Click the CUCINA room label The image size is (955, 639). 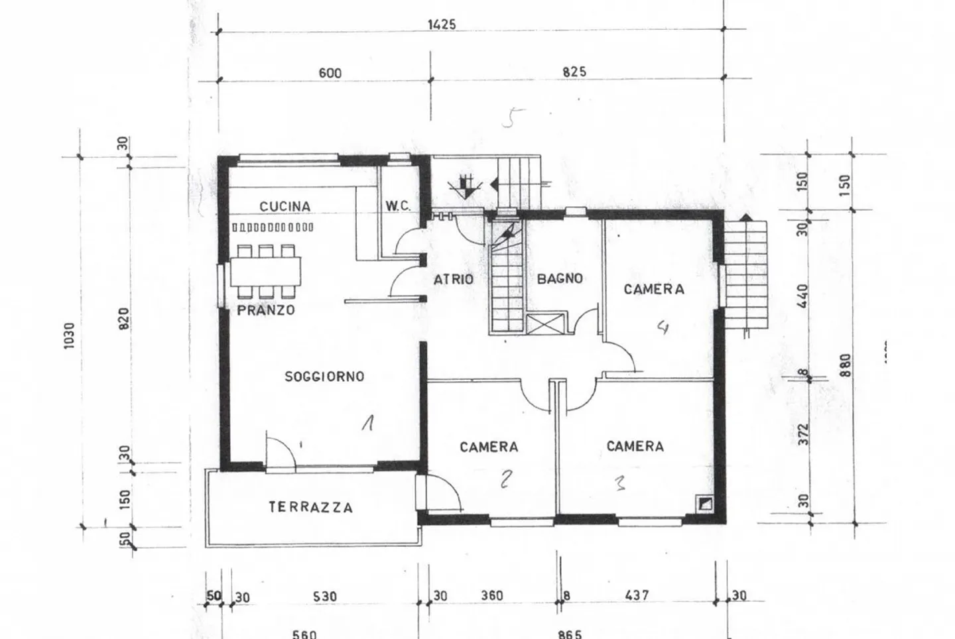click(x=285, y=206)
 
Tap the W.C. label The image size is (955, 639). click(x=398, y=206)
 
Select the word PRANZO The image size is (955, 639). click(x=266, y=310)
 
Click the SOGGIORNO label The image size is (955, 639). click(x=324, y=377)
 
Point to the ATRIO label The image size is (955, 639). click(x=454, y=280)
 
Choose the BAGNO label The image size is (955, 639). click(x=560, y=279)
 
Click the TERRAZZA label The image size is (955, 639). click(x=310, y=508)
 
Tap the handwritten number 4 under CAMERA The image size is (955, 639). click(x=662, y=327)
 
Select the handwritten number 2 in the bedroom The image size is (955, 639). click(x=506, y=479)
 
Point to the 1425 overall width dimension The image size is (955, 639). click(x=442, y=25)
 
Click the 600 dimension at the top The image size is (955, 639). click(x=330, y=73)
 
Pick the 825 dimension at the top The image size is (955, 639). click(x=574, y=72)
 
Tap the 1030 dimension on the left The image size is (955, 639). click(x=70, y=336)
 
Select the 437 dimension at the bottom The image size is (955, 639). click(x=637, y=595)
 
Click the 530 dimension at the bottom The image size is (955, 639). click(x=325, y=597)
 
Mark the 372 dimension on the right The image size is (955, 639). click(x=804, y=434)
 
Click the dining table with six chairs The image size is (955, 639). click(x=265, y=271)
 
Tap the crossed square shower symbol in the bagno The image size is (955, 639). click(x=546, y=323)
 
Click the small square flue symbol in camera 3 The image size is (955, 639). click(x=705, y=504)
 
